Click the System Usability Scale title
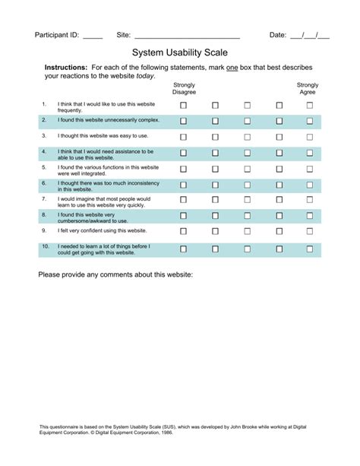(x=180, y=54)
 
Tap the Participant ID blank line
(x=92, y=36)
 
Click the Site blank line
(x=187, y=36)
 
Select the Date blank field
(x=310, y=35)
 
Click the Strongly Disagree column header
(x=184, y=88)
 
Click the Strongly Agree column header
(x=308, y=88)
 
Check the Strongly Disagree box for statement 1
(x=183, y=106)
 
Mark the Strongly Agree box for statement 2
(x=309, y=121)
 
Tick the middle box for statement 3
(x=247, y=137)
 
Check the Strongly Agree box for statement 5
(x=309, y=170)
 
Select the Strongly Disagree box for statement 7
(x=183, y=201)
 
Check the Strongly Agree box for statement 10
(x=309, y=249)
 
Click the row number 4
(x=45, y=151)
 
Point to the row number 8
(x=45, y=214)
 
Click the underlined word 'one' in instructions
(x=233, y=68)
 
